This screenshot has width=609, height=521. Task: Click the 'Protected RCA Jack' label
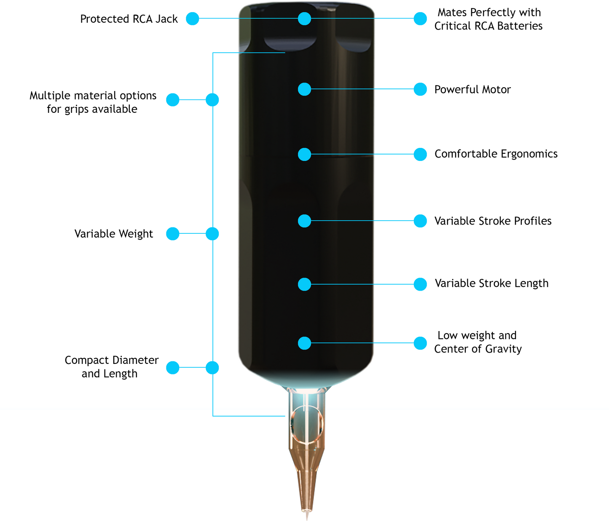click(x=129, y=19)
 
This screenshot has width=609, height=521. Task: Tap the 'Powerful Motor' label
click(x=472, y=89)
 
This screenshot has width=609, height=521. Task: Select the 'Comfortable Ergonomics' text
click(x=496, y=154)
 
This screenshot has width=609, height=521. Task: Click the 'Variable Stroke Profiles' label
click(x=493, y=221)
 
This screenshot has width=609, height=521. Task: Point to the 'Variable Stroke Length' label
click(x=491, y=283)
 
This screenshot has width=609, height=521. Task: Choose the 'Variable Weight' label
click(x=113, y=234)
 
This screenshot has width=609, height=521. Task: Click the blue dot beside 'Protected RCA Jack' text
click(x=193, y=19)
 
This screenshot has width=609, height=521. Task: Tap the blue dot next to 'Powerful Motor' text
click(x=420, y=89)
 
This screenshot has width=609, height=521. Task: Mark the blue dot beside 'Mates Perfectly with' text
click(x=420, y=19)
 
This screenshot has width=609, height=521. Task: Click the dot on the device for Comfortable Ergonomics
click(x=304, y=154)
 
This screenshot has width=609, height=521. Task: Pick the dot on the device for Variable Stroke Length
click(x=304, y=284)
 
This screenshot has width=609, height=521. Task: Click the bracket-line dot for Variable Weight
click(x=212, y=234)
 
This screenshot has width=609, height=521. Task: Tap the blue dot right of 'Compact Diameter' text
click(x=173, y=368)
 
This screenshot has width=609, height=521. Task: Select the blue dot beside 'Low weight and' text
click(x=420, y=343)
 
